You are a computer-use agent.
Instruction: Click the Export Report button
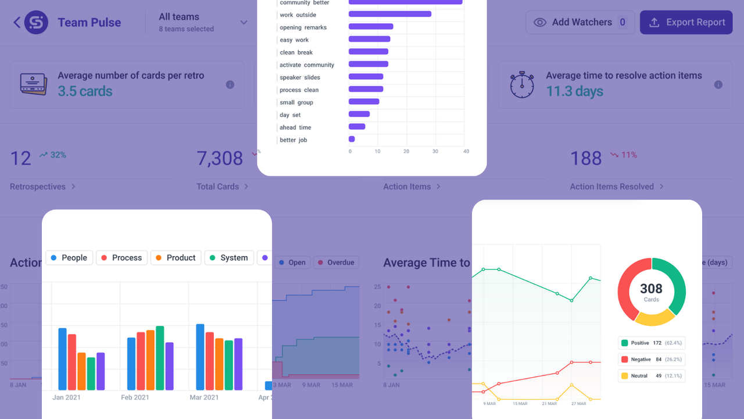coord(686,22)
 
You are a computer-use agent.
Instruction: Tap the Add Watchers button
coord(580,22)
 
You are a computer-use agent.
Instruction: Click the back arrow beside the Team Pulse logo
coord(17,23)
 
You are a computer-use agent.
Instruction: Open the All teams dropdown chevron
coord(244,23)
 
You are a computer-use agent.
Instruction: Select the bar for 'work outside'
coord(389,14)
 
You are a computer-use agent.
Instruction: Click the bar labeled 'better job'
coord(352,140)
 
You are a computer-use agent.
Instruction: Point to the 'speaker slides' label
coord(299,77)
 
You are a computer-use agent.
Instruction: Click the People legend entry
coord(69,258)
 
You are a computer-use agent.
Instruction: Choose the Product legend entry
coord(176,258)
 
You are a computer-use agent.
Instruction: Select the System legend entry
coord(229,258)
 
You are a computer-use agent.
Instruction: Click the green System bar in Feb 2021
coord(160,358)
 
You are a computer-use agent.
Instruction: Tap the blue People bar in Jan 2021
coord(62,359)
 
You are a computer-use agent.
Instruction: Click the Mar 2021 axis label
coord(204,397)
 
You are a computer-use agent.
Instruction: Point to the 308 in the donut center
coord(651,289)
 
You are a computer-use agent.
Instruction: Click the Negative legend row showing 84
coord(651,360)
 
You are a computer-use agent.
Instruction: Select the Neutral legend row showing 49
coord(651,376)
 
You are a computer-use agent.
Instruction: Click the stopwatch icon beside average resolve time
coord(521,84)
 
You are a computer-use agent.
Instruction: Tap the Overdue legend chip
coord(336,262)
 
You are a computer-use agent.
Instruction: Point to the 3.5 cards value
coord(85,91)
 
